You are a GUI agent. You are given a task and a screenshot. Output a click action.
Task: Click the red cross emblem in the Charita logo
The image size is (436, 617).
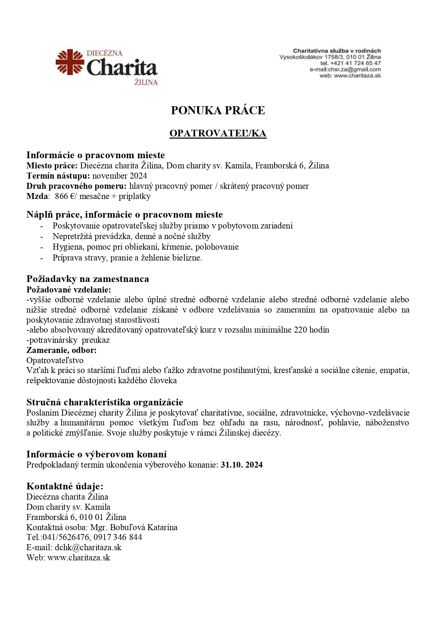pyautogui.click(x=70, y=62)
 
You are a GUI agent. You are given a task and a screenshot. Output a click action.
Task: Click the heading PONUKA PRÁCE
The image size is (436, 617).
pyautogui.click(x=218, y=110)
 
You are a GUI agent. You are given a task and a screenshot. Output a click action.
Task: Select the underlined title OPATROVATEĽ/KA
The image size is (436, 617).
pyautogui.click(x=218, y=133)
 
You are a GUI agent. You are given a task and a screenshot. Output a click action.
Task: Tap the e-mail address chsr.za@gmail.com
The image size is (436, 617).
pyautogui.click(x=354, y=69)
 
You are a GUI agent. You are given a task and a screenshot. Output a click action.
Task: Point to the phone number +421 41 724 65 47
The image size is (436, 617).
pyautogui.click(x=355, y=63)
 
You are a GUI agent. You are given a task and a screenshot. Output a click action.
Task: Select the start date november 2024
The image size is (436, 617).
pyautogui.click(x=120, y=176)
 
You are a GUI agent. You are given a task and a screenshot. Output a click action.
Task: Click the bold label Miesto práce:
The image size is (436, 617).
pyautogui.click(x=52, y=166)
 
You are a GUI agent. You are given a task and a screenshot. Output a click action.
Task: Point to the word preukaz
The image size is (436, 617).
pyautogui.click(x=96, y=340)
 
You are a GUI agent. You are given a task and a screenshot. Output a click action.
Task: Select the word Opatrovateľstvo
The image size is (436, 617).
pyautogui.click(x=55, y=360)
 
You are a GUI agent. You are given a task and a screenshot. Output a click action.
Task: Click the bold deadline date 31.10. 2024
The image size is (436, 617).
pyautogui.click(x=242, y=465)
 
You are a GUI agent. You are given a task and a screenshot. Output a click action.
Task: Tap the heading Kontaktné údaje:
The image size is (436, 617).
pyautogui.click(x=65, y=486)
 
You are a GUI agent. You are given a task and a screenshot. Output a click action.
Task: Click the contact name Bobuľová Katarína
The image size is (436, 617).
pyautogui.click(x=143, y=527)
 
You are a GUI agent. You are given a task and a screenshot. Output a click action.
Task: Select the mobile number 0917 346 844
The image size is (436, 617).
pyautogui.click(x=118, y=537)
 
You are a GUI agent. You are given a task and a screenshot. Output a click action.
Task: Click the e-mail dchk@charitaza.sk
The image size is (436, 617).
pyautogui.click(x=88, y=547)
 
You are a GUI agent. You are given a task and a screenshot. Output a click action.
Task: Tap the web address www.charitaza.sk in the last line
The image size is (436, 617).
pyautogui.click(x=79, y=558)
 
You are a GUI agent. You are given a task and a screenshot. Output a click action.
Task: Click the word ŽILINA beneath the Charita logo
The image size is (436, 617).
pyautogui.click(x=146, y=83)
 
